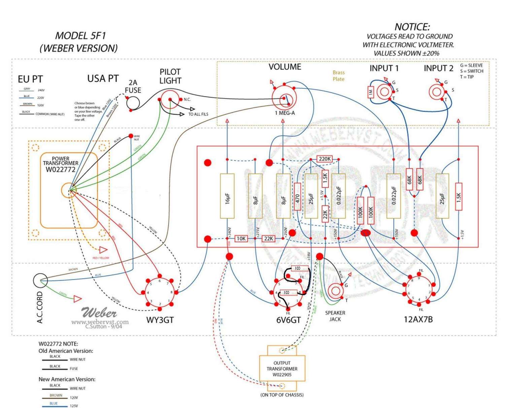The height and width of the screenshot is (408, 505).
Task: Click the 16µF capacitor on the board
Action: pos(227,196)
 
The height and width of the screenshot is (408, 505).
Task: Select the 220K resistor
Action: pos(325,159)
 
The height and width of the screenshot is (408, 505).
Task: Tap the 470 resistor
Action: pos(298,197)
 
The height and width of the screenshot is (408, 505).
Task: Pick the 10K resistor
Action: pos(241,239)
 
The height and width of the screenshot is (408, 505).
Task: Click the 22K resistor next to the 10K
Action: pos(268,239)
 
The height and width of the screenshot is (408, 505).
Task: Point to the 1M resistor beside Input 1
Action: pos(371,92)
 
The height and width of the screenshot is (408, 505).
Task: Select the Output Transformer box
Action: pos(282,368)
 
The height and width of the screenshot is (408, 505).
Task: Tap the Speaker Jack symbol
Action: pos(335,291)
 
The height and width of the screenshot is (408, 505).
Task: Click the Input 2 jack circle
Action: pos(437,92)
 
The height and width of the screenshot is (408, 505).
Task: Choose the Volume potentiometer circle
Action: pos(284,98)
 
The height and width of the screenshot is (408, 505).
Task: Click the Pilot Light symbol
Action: pos(170,99)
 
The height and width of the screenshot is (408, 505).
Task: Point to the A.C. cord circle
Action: pos(40,280)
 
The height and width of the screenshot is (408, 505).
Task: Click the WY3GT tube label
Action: pos(160,320)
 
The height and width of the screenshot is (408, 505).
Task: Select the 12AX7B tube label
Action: pos(418,319)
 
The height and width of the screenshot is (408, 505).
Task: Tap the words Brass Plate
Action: pos(338,76)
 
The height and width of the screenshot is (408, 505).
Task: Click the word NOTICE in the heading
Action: pos(412,27)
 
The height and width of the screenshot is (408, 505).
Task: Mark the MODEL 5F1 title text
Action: pos(80,36)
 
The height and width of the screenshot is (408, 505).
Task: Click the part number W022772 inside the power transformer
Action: pos(61,169)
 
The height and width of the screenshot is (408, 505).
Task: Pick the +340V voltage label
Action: pos(230,231)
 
